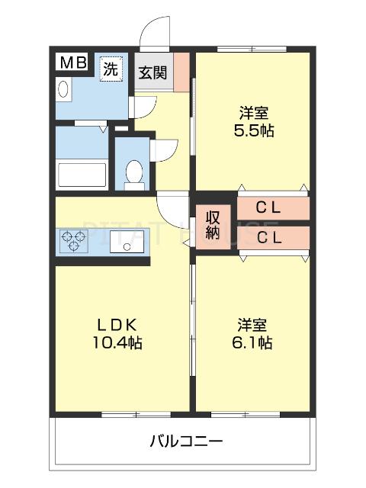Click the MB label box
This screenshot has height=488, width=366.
click(73, 63)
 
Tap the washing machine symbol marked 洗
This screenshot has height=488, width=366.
click(111, 69)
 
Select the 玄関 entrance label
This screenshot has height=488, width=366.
click(152, 73)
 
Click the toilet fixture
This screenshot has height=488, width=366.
click(134, 175)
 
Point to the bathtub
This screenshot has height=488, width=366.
click(82, 175)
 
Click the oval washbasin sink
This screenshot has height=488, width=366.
click(64, 88)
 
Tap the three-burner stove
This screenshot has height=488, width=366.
click(73, 241)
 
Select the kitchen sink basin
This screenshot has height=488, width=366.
click(127, 242)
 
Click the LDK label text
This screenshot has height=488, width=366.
click(117, 326)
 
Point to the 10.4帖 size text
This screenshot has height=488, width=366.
click(117, 343)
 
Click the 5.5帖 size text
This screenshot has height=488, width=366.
click(254, 130)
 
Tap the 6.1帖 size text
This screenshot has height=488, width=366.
click(252, 342)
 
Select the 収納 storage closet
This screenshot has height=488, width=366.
click(213, 226)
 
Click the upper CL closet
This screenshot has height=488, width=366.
click(273, 208)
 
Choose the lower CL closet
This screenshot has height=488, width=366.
click(273, 238)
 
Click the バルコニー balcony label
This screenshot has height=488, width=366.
click(186, 441)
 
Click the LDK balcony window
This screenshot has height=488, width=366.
click(136, 415)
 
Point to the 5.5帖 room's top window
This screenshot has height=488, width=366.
click(252, 49)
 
